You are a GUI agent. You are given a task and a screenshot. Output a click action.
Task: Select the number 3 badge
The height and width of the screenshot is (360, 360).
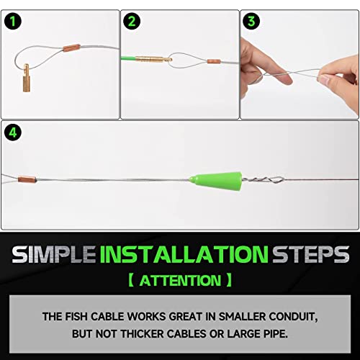(252, 22)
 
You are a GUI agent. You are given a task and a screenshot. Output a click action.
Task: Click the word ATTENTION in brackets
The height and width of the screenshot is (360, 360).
(180, 279)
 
